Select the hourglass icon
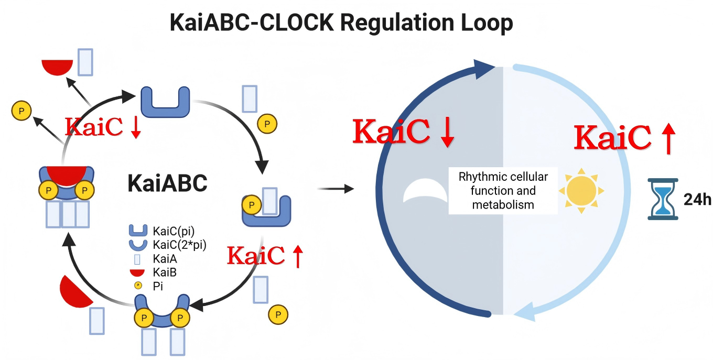pos(662,199)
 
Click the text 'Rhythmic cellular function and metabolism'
pos(503,190)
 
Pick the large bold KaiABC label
pos(167,183)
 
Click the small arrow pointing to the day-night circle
pos(336,189)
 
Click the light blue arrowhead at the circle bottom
pos(526,313)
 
